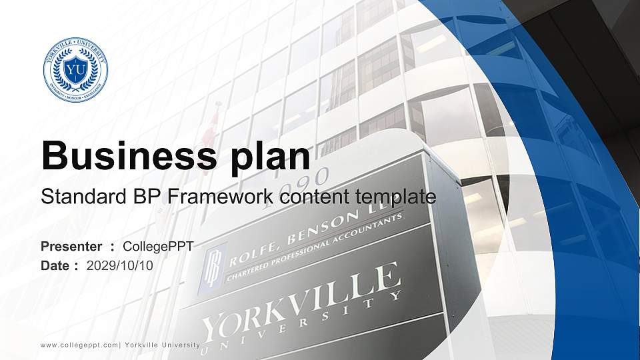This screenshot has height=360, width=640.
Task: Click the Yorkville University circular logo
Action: pyautogui.click(x=75, y=70)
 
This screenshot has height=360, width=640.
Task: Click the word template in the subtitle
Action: pyautogui.click(x=392, y=197)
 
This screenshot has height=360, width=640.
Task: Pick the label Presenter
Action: pyautogui.click(x=71, y=247)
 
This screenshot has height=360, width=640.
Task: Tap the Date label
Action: pyautogui.click(x=57, y=265)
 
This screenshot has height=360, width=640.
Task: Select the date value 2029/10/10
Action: pyautogui.click(x=120, y=265)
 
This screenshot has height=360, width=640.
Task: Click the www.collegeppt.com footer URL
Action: pyautogui.click(x=79, y=345)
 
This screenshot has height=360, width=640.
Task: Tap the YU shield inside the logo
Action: pyautogui.click(x=75, y=69)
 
